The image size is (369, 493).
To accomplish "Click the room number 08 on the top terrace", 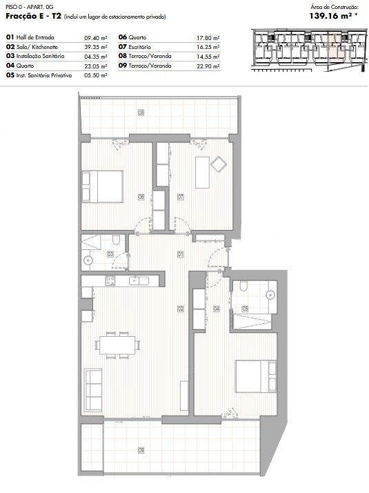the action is pyautogui.click(x=141, y=113).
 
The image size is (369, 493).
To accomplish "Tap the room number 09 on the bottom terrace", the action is pyautogui.click(x=141, y=451).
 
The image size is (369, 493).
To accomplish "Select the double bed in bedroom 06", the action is pyautogui.click(x=102, y=186).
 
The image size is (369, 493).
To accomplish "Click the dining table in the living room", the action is pyautogui.click(x=117, y=345).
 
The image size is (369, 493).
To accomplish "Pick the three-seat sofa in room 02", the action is pyautogui.click(x=93, y=390).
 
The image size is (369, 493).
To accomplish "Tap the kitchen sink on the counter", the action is pyautogui.click(x=139, y=280).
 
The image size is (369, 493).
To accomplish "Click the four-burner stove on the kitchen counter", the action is pyautogui.click(x=110, y=281).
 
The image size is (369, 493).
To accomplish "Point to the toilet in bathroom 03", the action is pyautogui.click(x=116, y=240).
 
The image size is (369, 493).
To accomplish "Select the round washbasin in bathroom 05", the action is pyautogui.click(x=270, y=295).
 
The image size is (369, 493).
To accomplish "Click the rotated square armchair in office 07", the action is pyautogui.click(x=219, y=164).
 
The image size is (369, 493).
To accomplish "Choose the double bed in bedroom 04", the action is pyautogui.click(x=257, y=376).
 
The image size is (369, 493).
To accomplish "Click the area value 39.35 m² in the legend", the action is pyautogui.click(x=95, y=47).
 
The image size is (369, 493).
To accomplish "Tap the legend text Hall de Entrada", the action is pyautogui.click(x=35, y=37).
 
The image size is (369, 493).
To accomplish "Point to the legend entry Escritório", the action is pyautogui.click(x=140, y=47).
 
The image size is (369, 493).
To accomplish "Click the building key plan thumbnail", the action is pyautogui.click(x=309, y=50).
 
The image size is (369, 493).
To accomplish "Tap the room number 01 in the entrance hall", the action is pyautogui.click(x=181, y=254).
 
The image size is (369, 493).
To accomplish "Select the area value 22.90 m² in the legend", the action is pyautogui.click(x=208, y=66).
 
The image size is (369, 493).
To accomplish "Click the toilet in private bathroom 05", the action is pyautogui.click(x=243, y=287).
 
